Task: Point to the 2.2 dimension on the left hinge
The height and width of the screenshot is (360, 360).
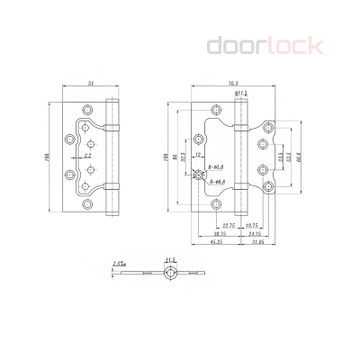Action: click(x=86, y=156)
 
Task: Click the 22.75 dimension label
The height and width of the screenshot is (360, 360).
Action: click(x=229, y=226)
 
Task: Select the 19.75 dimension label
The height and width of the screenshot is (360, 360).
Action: click(x=252, y=226)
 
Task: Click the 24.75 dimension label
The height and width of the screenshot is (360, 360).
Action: click(x=255, y=233)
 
